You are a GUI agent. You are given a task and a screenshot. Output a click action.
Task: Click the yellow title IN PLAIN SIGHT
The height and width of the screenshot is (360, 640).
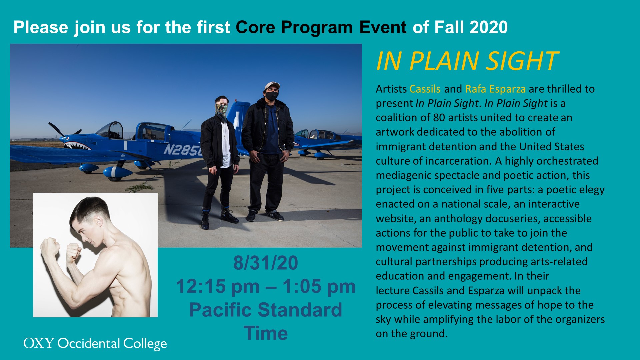pyautogui.click(x=467, y=61)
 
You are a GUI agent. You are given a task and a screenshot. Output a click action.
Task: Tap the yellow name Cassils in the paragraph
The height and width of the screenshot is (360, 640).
pyautogui.click(x=425, y=89)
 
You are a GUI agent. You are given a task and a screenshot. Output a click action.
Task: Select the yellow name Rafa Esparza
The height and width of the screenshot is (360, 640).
pyautogui.click(x=495, y=89)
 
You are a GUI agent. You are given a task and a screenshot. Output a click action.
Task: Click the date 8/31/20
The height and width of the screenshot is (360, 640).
pyautogui.click(x=266, y=263)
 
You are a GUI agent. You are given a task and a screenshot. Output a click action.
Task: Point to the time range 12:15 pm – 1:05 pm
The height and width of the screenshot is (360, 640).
pyautogui.click(x=266, y=286)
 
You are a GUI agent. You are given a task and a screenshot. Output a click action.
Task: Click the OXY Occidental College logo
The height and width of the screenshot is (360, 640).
pyautogui.click(x=95, y=344)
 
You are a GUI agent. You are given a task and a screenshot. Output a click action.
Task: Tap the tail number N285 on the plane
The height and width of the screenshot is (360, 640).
pyautogui.click(x=183, y=150)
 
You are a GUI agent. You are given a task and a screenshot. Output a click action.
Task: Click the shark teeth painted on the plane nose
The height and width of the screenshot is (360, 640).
pyautogui.click(x=77, y=146)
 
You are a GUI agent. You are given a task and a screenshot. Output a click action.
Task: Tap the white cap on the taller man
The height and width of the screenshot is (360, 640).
pyautogui.click(x=272, y=85)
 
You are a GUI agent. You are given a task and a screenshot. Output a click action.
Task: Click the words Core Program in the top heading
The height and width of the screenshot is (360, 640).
pyautogui.click(x=294, y=27)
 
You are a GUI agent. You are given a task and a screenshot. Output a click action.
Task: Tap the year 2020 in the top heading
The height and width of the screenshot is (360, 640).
pyautogui.click(x=488, y=27)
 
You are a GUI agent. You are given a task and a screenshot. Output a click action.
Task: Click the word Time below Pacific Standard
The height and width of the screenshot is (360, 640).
pyautogui.click(x=266, y=333)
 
